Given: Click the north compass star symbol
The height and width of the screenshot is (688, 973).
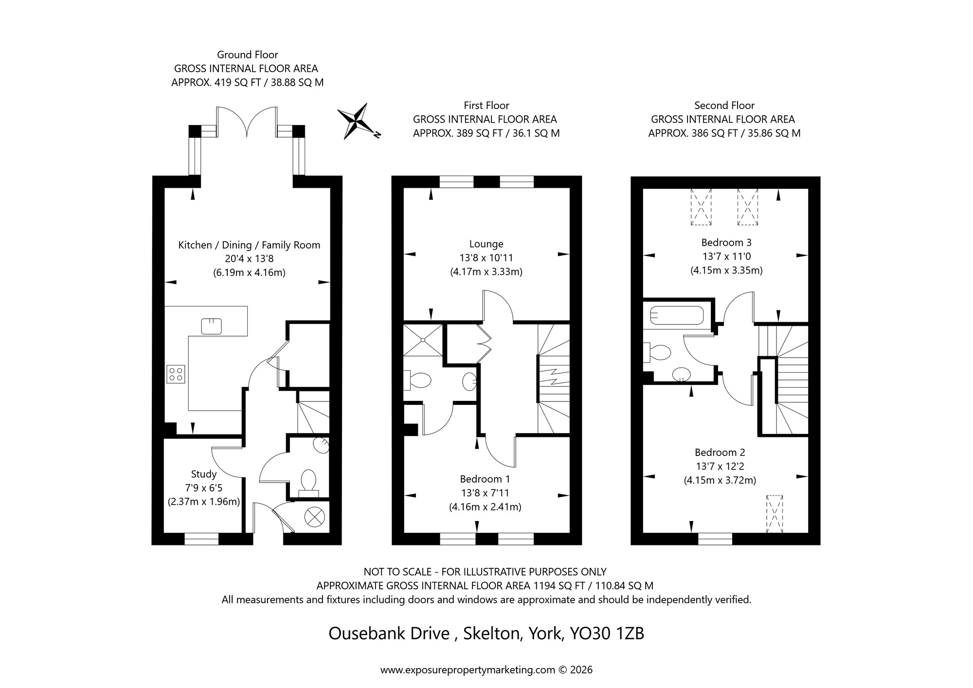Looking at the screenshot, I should (x=358, y=121).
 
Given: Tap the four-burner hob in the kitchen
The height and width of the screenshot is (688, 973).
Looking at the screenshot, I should (x=176, y=374).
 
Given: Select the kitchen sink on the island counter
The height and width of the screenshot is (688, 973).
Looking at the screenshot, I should (x=212, y=326).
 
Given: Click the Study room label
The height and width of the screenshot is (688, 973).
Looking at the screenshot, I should (x=203, y=474).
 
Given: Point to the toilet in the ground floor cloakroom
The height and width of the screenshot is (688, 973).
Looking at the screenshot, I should (x=308, y=481).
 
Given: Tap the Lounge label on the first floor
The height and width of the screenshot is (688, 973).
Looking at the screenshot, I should (x=486, y=244).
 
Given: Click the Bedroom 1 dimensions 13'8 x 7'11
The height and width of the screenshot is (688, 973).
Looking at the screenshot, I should (x=485, y=493).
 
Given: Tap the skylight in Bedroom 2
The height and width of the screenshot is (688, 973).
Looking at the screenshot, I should (x=775, y=514).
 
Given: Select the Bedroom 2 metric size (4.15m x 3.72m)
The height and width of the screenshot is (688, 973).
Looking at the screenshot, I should (x=720, y=480).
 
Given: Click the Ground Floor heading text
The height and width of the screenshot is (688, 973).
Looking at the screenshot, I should (x=247, y=55).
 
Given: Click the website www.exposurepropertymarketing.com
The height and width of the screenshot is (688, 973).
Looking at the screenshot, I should (x=467, y=670).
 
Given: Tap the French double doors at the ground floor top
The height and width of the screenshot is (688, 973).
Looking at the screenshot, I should (x=247, y=122).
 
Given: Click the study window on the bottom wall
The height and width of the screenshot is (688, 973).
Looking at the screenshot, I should (x=201, y=539).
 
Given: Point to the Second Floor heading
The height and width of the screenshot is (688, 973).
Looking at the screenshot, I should (x=724, y=106).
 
